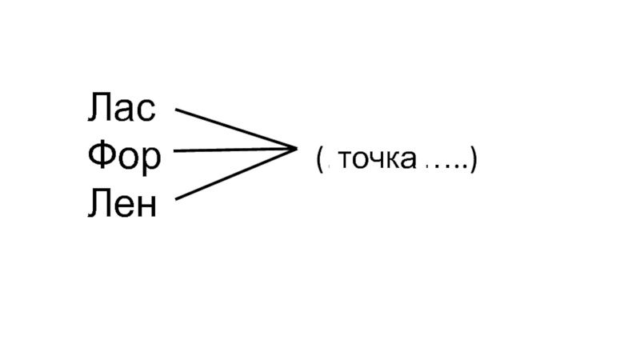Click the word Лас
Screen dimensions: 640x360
122,109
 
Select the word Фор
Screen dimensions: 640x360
124,157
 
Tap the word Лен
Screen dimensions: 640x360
122,204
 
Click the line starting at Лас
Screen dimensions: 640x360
232,128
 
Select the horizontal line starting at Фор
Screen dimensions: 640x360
232,149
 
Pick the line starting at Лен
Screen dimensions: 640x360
232,174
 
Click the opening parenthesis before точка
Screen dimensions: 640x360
319,159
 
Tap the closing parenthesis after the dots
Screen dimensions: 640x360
474,159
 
